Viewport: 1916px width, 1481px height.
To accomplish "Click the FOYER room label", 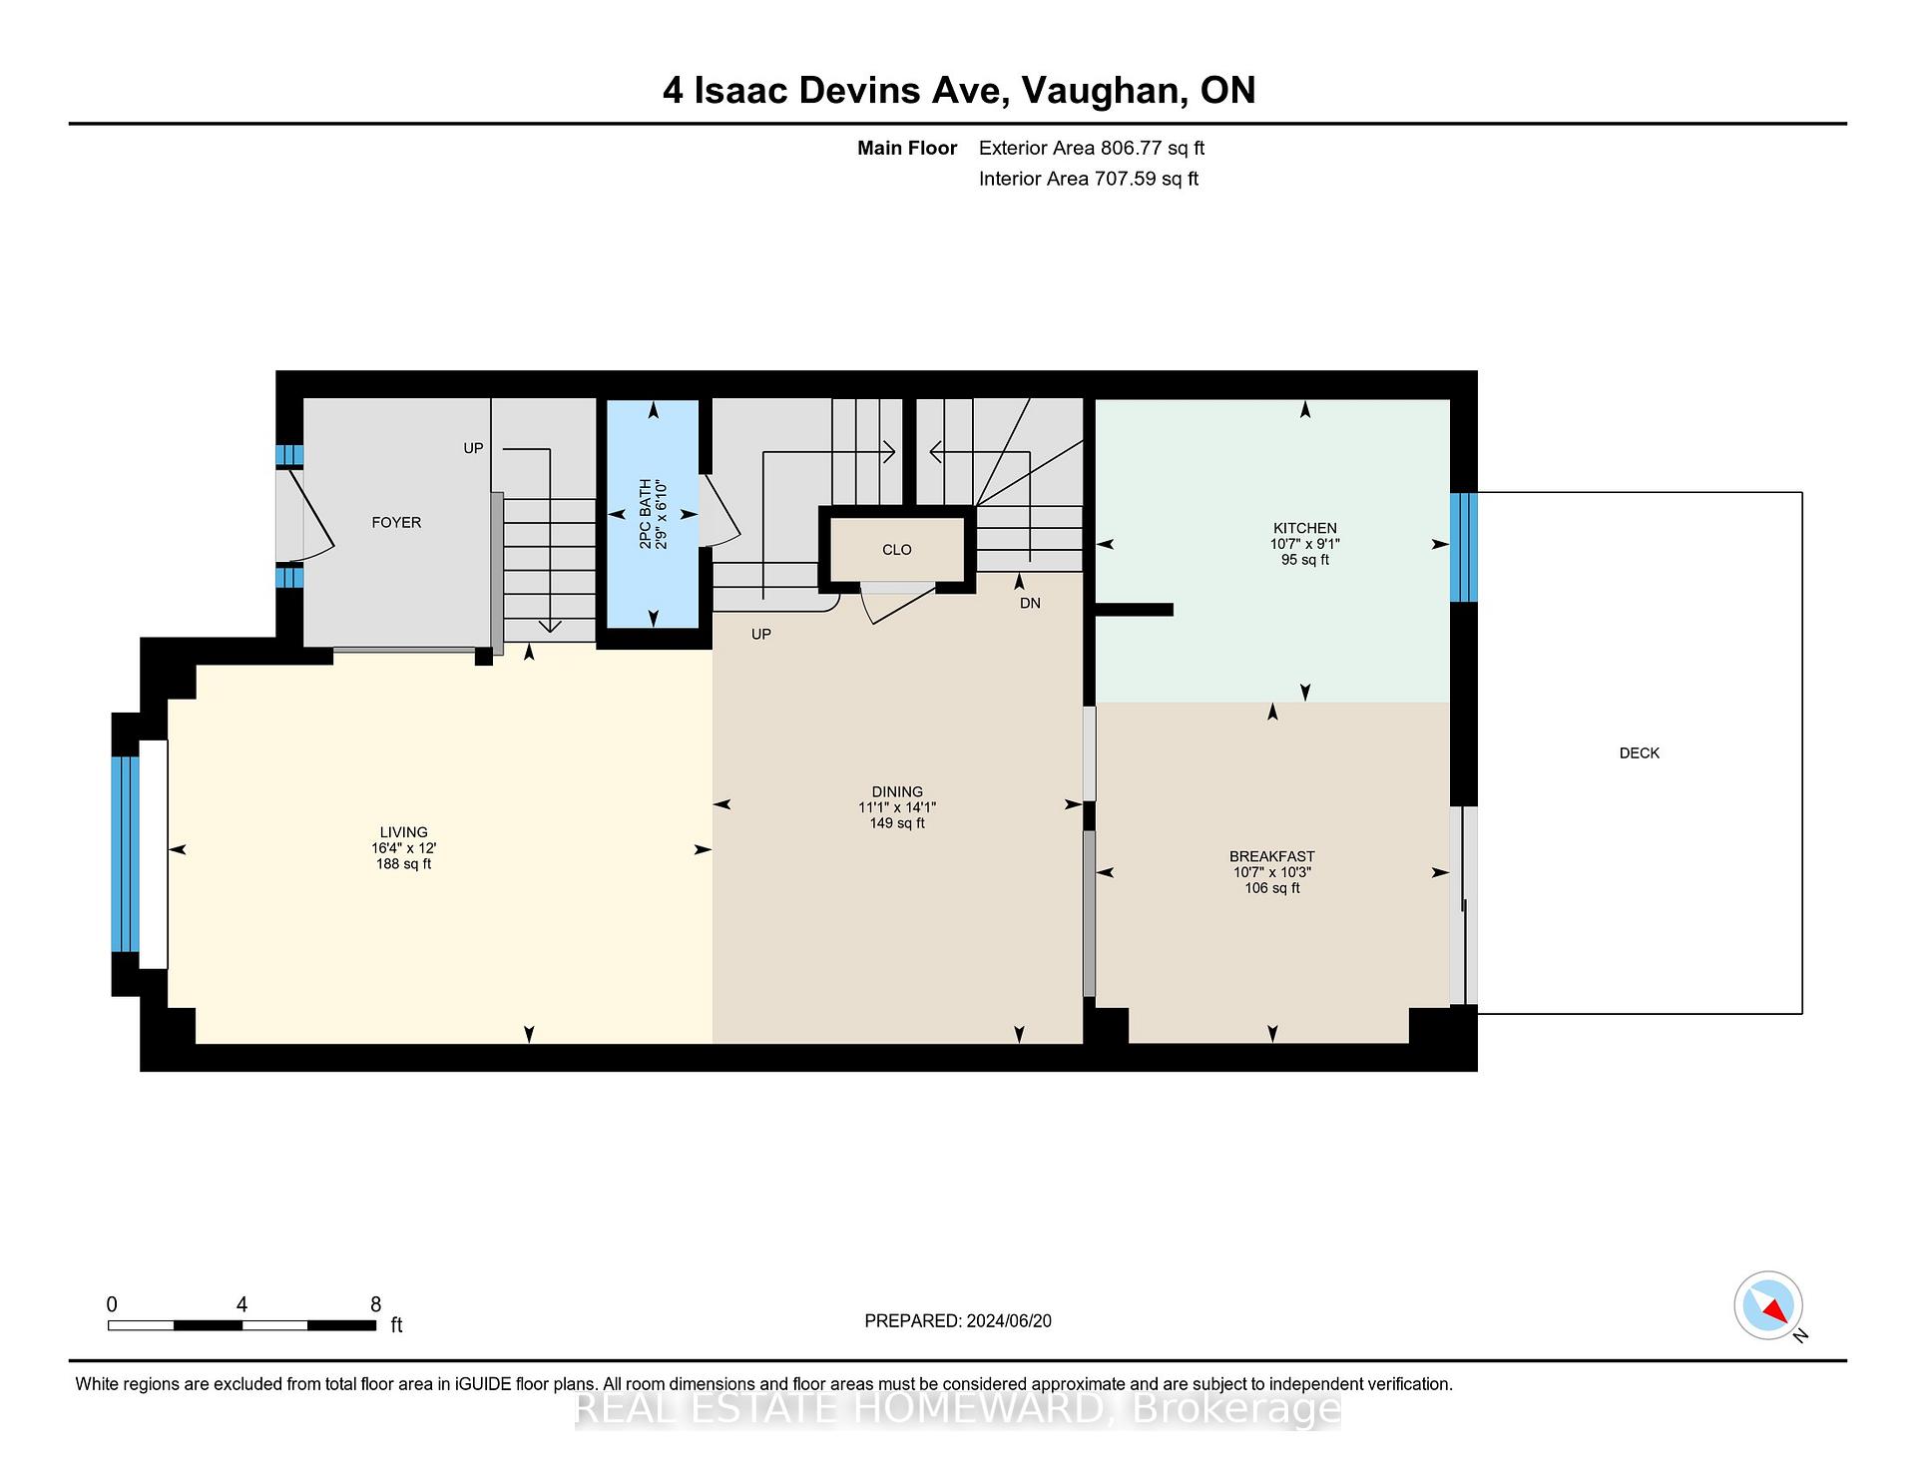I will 396,522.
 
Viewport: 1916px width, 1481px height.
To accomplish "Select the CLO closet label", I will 896,550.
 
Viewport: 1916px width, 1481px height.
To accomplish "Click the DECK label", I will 1639,753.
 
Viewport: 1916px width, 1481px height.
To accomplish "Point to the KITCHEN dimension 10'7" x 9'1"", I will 1304,544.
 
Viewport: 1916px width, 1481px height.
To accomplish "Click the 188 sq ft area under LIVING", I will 403,864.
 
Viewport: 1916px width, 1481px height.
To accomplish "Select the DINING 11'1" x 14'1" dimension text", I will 896,807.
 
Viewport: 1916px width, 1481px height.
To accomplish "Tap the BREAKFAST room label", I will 1271,856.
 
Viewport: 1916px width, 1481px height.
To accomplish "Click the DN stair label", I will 1030,604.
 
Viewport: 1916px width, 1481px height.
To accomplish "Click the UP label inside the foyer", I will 473,448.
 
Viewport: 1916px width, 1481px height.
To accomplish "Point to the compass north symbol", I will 1769,1305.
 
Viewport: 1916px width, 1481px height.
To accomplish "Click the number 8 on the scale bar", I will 375,1304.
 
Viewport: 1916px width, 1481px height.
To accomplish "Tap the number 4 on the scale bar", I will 241,1304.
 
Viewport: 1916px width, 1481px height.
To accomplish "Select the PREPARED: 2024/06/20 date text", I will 957,1320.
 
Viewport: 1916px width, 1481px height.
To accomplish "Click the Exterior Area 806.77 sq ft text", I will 1091,148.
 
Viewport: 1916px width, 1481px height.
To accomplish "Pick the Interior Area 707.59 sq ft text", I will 1088,179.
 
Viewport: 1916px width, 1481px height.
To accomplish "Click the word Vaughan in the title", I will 1104,91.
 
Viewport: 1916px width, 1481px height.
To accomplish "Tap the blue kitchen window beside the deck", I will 1463,547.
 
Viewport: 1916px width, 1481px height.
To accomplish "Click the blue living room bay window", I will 124,853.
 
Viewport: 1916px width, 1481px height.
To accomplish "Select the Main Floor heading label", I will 906,148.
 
